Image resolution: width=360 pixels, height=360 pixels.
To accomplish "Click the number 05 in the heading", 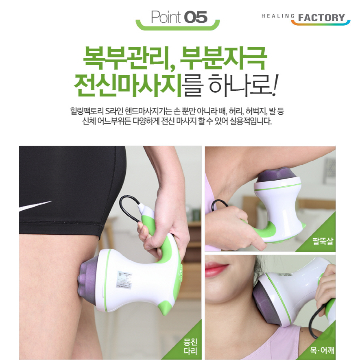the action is point(196,17).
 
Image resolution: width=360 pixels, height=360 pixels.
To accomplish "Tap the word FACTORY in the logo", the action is point(321,17).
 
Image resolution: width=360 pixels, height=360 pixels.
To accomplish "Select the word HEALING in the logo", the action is point(278,16).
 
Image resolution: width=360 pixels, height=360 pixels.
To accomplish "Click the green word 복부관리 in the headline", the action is point(125,58).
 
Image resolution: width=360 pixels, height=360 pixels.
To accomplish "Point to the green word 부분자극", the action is point(223,58).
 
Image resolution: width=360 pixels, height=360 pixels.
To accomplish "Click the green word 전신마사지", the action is point(128,85).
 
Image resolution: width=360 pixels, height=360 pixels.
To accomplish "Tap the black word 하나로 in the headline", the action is point(240,85).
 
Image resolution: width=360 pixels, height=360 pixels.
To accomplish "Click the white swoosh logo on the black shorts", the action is point(35,206).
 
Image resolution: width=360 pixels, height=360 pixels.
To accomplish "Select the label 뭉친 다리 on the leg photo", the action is point(190,347).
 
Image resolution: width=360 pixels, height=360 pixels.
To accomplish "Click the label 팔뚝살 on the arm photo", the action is point(323,241).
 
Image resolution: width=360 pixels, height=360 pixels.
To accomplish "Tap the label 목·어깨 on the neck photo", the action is point(322,350).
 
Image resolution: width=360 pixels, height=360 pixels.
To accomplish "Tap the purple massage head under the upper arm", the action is point(277,175).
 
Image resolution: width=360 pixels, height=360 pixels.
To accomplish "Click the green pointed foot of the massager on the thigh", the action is point(166,308).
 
